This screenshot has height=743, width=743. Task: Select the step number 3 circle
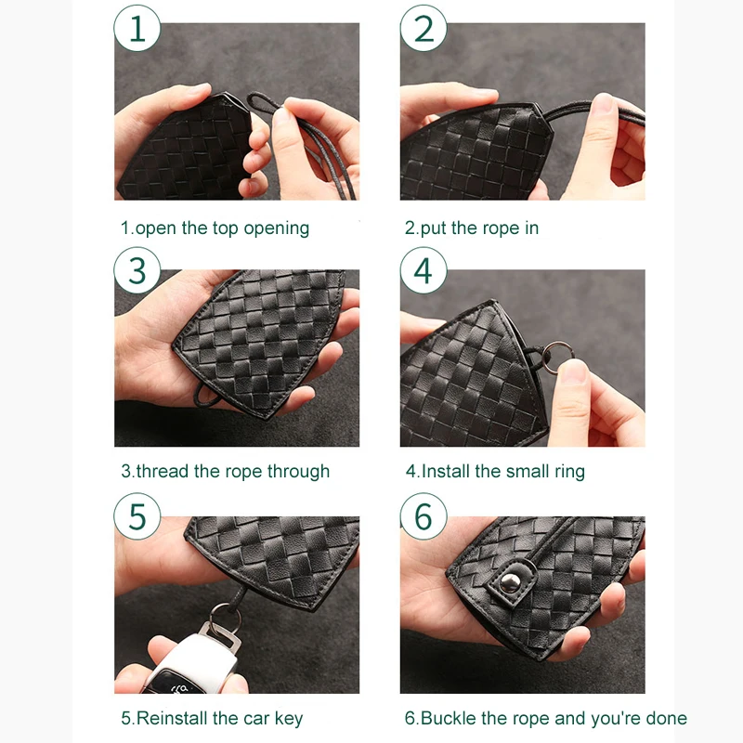[137, 271]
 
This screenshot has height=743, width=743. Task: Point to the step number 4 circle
[424, 271]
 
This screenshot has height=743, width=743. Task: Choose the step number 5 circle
[137, 516]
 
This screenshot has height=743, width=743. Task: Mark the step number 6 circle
[424, 516]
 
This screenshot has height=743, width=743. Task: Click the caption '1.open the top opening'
[215, 228]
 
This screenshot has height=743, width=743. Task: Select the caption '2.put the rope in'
[472, 228]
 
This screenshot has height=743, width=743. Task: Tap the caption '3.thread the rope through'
[225, 471]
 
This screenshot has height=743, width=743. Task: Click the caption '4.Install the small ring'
[495, 471]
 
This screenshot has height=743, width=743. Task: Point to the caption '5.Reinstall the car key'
[212, 718]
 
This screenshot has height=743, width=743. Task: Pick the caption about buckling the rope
[546, 718]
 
